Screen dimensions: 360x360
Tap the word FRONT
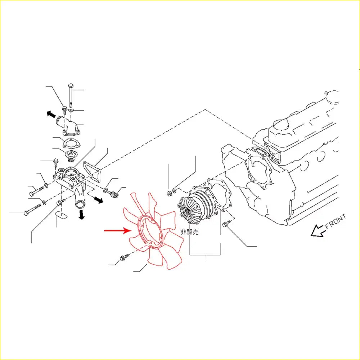(x=336, y=221)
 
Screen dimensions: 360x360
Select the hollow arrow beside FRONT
(x=318, y=231)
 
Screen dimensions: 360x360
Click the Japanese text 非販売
(x=190, y=232)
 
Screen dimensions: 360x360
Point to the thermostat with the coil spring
(x=70, y=156)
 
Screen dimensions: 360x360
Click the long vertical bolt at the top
(x=71, y=95)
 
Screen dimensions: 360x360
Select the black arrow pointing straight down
(x=81, y=214)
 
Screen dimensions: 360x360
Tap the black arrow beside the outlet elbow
(x=51, y=114)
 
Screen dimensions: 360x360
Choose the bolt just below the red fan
(x=124, y=258)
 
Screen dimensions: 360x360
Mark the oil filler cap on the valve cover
(x=280, y=125)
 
